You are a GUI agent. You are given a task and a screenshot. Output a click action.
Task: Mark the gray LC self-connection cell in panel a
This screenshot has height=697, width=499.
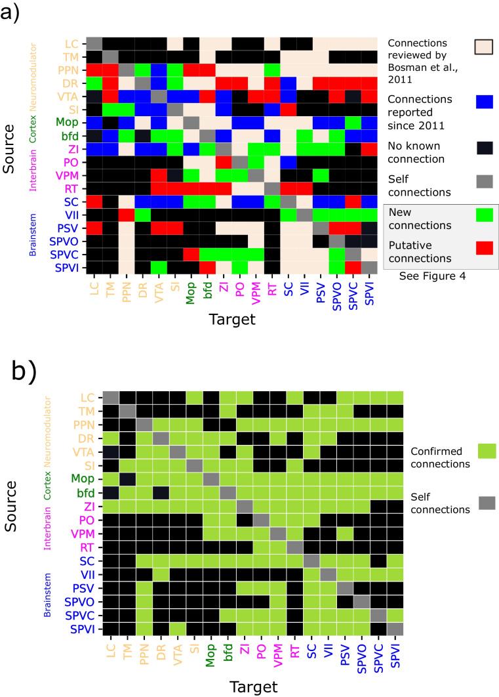point(94,43)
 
